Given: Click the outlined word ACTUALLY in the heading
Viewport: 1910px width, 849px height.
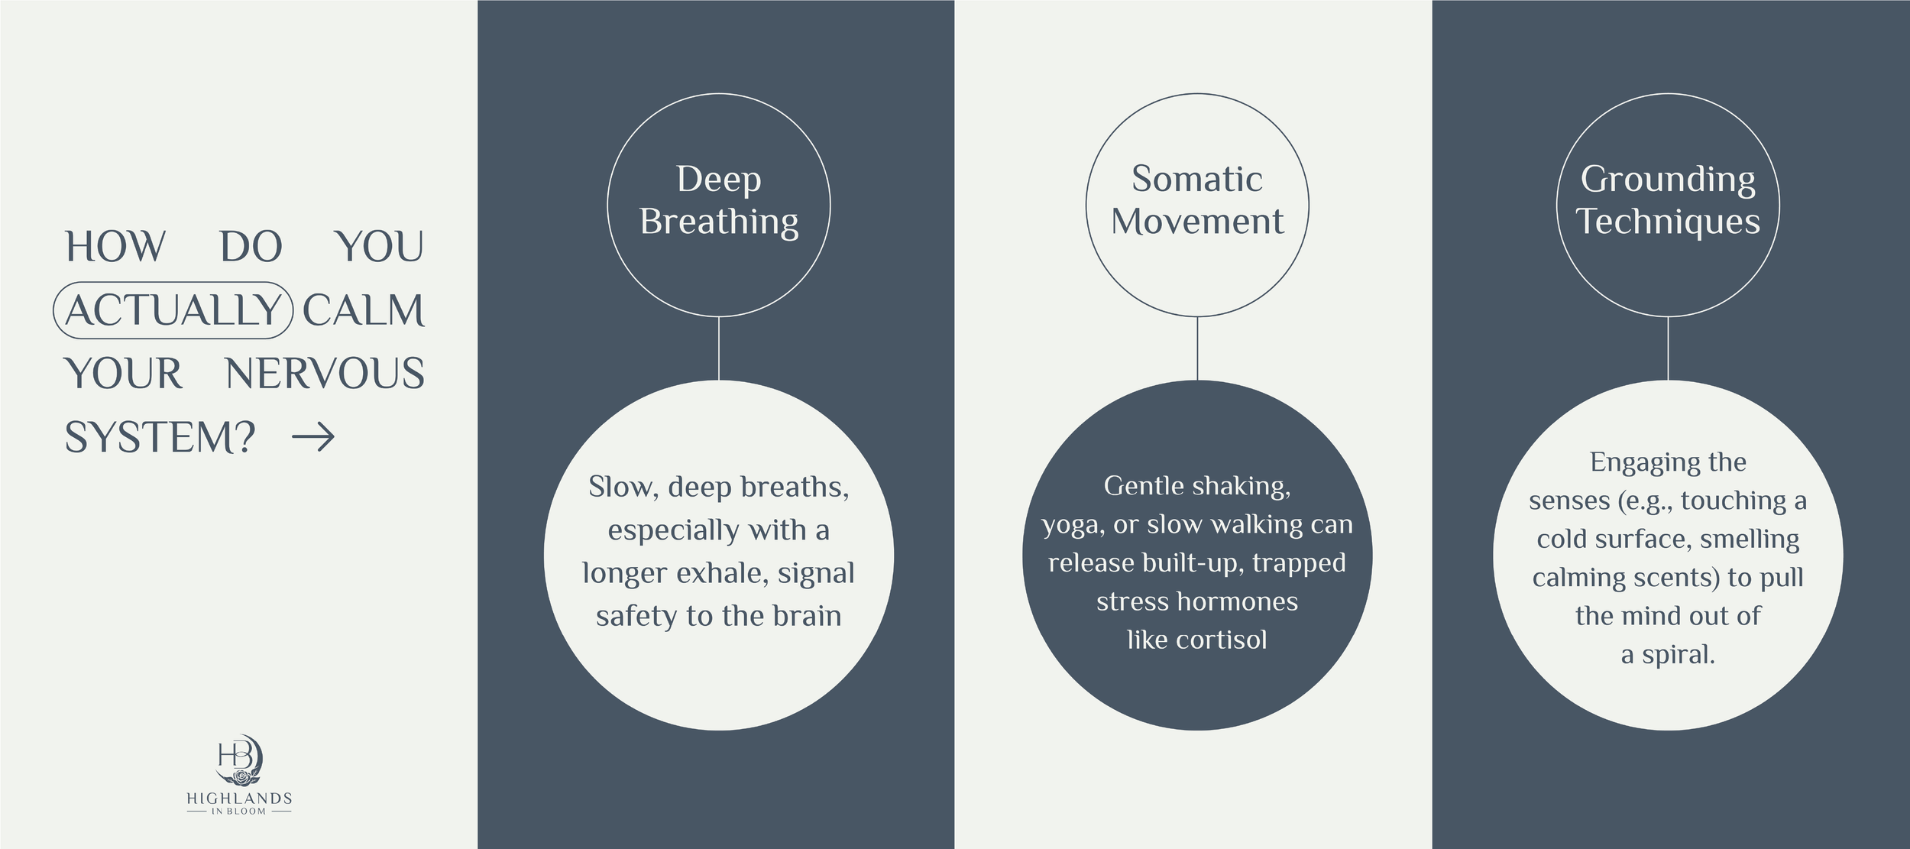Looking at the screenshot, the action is [x=173, y=310].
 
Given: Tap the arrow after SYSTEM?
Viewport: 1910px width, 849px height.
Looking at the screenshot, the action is [x=313, y=438].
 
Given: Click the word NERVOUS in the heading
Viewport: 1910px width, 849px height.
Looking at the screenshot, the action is [x=325, y=374].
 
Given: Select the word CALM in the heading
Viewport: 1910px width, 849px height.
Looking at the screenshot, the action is [x=364, y=310].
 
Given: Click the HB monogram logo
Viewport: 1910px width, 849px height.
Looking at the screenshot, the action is [x=239, y=760].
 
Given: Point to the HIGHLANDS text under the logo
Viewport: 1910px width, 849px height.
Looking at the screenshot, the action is [x=239, y=799].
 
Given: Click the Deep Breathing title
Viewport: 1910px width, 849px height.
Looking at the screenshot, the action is [x=719, y=200].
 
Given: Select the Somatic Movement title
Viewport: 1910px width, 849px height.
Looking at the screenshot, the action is [x=1197, y=200].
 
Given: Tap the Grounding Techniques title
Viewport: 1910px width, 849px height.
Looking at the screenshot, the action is [x=1668, y=200].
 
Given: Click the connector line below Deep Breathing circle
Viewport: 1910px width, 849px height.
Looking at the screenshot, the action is [x=719, y=348].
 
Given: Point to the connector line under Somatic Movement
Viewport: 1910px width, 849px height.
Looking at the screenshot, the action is [x=1197, y=348].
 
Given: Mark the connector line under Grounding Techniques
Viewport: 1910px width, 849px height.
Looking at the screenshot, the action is [x=1668, y=348].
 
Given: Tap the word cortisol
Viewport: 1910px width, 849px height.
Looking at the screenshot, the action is [x=1222, y=640].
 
